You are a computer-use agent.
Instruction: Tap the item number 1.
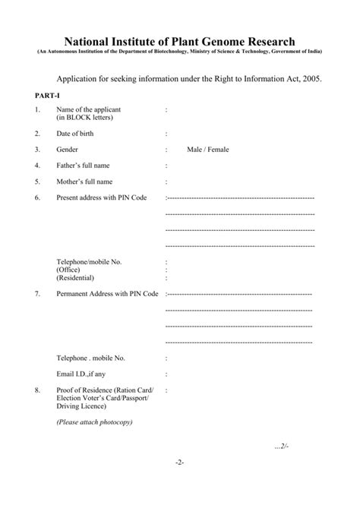[36, 111]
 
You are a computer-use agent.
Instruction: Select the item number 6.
[36, 197]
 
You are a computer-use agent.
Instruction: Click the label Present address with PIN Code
[101, 197]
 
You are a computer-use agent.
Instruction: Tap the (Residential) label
[76, 278]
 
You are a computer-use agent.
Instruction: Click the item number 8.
[36, 390]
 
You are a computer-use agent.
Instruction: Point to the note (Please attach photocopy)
[94, 421]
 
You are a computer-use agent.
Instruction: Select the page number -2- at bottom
[179, 462]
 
